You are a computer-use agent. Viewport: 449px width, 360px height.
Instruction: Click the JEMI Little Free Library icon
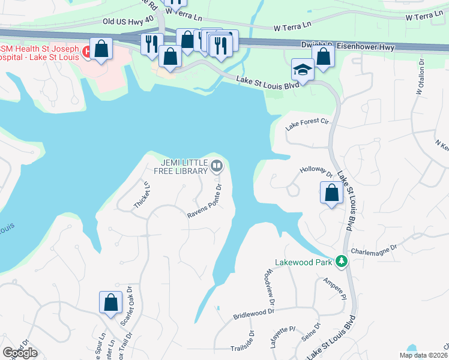[217, 166]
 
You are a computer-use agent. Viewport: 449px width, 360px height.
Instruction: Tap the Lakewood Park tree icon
[342, 262]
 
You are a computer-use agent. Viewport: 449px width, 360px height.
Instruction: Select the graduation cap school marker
[303, 70]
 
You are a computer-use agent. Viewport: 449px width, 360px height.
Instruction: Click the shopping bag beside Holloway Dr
[331, 193]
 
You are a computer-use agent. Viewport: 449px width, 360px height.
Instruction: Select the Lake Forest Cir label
[308, 124]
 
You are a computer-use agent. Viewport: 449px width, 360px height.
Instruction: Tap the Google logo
[20, 353]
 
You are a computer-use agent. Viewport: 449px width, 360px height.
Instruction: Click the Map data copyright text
[424, 355]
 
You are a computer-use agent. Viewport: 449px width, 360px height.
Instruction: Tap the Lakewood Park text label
[304, 262]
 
